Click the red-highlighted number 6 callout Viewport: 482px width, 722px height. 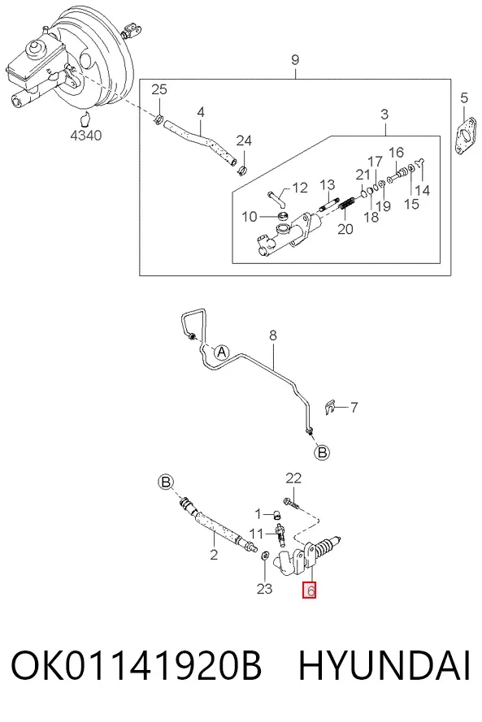tap(309, 590)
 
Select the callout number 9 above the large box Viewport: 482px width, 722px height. tap(295, 59)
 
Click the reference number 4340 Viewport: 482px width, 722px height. tap(86, 136)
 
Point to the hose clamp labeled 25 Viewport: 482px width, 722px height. tap(158, 121)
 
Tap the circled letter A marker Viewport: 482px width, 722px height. tap(222, 352)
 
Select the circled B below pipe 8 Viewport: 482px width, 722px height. tap(322, 452)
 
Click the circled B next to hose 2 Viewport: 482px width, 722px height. tap(166, 482)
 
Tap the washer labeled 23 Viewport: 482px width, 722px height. tap(265, 555)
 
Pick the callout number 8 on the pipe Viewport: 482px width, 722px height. tap(273, 335)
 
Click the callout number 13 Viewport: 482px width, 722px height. tap(328, 185)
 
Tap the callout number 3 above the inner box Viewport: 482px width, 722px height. tap(384, 115)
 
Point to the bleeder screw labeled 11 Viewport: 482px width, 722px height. tap(280, 534)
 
